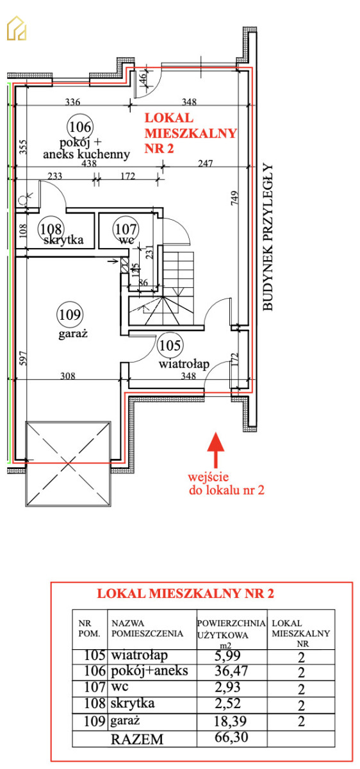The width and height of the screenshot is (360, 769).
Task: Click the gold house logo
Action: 17,28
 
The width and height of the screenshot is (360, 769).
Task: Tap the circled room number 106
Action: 80,127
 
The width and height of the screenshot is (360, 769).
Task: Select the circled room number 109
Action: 70,315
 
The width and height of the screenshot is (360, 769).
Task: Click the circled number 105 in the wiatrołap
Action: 170,345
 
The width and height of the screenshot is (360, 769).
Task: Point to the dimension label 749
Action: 234,198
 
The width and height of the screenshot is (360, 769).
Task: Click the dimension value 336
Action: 72,102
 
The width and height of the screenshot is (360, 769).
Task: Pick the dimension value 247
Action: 205,163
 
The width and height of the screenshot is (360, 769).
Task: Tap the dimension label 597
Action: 22,358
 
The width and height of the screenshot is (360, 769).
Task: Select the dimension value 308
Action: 68,376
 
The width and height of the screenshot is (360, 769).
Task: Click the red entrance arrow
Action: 216,450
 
